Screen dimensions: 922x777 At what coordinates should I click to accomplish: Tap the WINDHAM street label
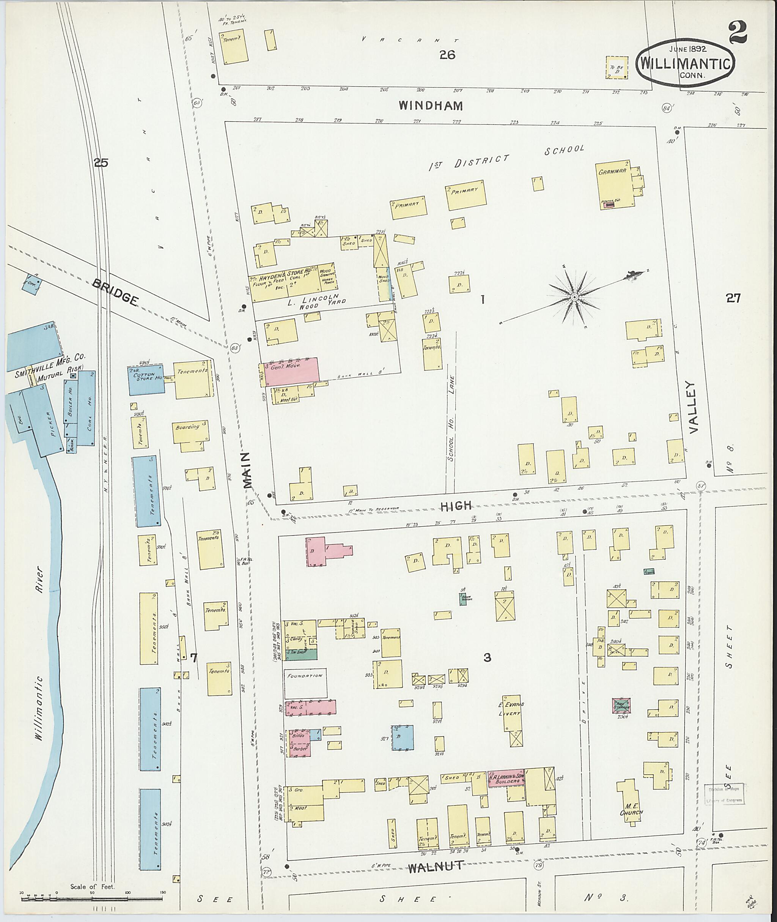431,106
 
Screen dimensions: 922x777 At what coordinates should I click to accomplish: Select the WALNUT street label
435,867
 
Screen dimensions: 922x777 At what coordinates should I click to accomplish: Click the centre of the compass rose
574,298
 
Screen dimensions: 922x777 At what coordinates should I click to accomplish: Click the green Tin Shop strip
301,654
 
